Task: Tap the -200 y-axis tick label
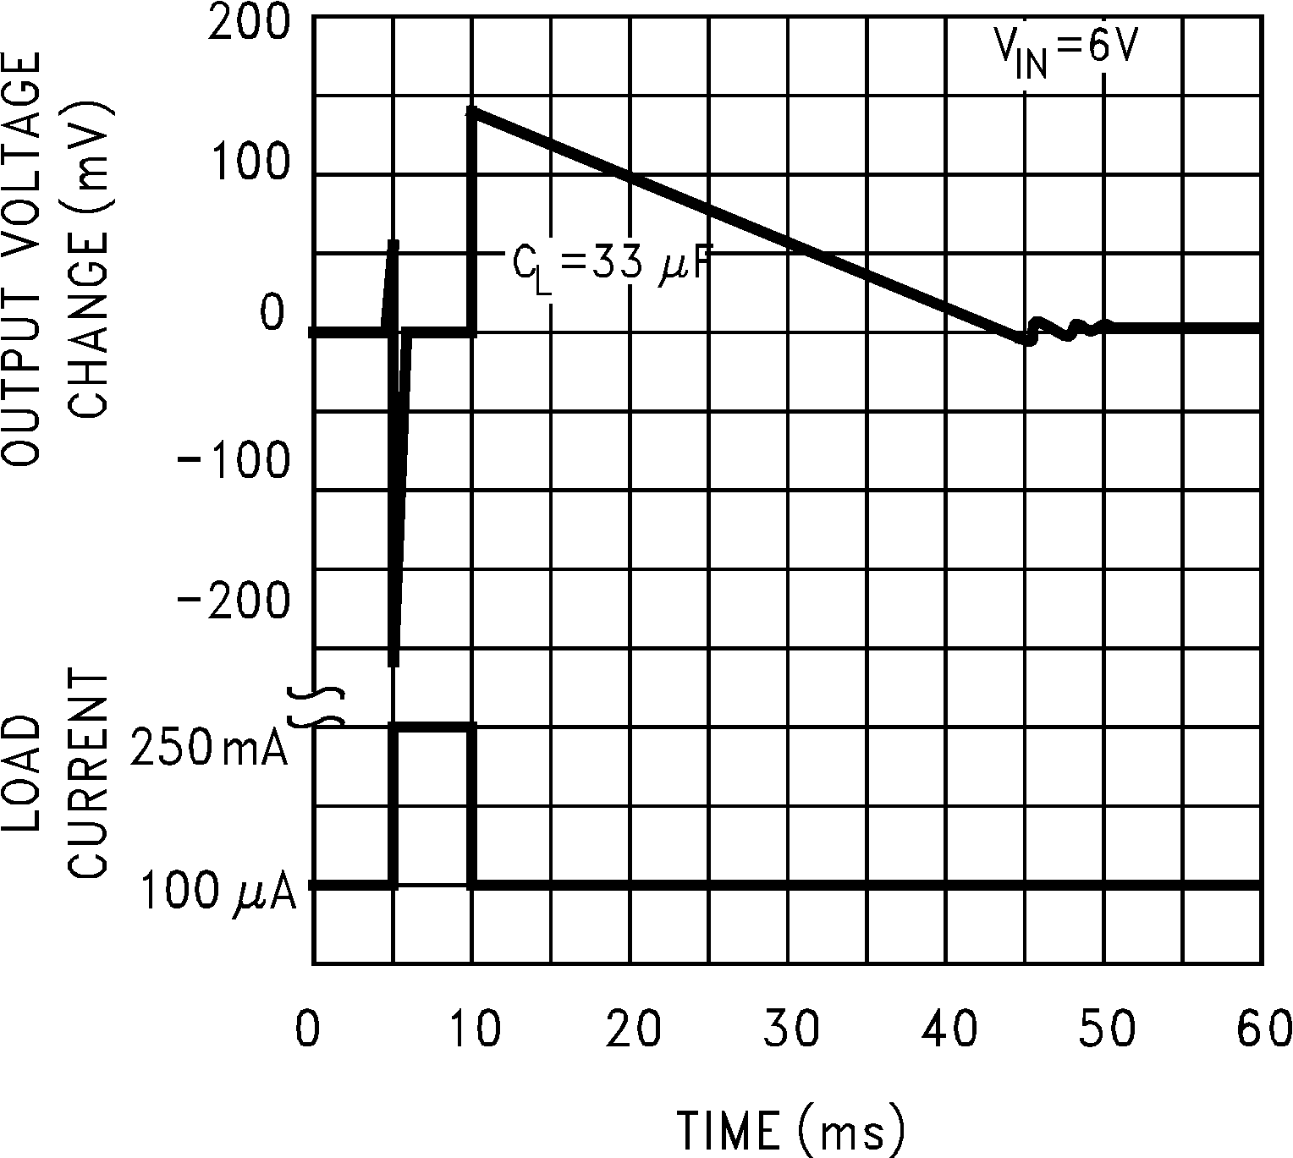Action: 233,602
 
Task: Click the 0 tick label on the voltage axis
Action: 272,313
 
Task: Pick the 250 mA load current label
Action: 209,747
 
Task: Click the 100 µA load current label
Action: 217,892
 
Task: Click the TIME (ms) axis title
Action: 791,1128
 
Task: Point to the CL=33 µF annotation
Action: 609,266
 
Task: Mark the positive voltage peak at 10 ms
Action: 473,111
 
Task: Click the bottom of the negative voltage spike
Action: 393,663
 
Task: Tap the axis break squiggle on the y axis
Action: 316,706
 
